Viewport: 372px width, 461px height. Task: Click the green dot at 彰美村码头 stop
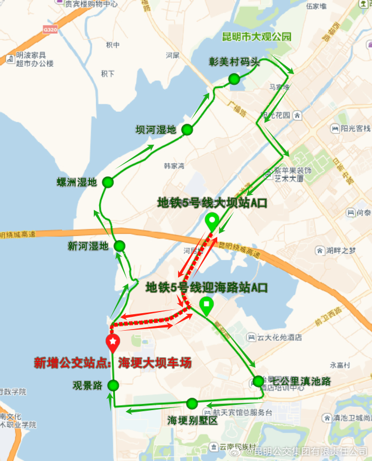point(234,79)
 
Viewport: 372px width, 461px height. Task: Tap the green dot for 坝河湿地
point(187,130)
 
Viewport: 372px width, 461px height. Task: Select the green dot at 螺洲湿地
point(108,182)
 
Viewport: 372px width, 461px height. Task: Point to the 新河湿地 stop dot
point(119,246)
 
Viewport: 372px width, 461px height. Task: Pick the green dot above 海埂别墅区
point(192,403)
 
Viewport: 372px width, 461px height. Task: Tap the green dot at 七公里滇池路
point(258,381)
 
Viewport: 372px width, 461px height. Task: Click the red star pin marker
point(112,342)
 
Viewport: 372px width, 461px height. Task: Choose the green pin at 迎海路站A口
point(206,305)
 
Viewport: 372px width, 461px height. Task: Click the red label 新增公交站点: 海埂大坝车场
point(112,363)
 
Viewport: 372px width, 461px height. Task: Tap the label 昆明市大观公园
point(257,37)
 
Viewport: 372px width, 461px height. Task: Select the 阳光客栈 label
point(356,128)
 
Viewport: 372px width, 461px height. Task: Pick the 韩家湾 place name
point(173,166)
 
